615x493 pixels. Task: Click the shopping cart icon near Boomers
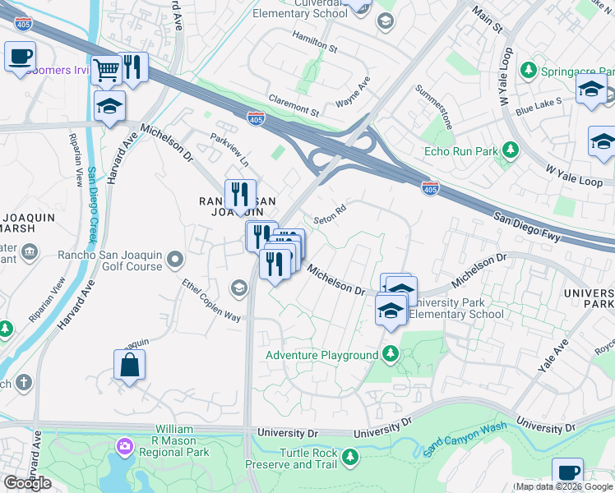(106, 71)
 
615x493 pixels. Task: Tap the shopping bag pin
(130, 365)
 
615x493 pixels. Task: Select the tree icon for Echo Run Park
(511, 150)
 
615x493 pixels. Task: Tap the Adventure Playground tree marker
(390, 355)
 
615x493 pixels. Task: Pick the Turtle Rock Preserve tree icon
(350, 455)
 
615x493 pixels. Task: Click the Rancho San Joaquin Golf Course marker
(174, 260)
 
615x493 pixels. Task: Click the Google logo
(28, 482)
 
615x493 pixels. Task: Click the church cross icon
(24, 383)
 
